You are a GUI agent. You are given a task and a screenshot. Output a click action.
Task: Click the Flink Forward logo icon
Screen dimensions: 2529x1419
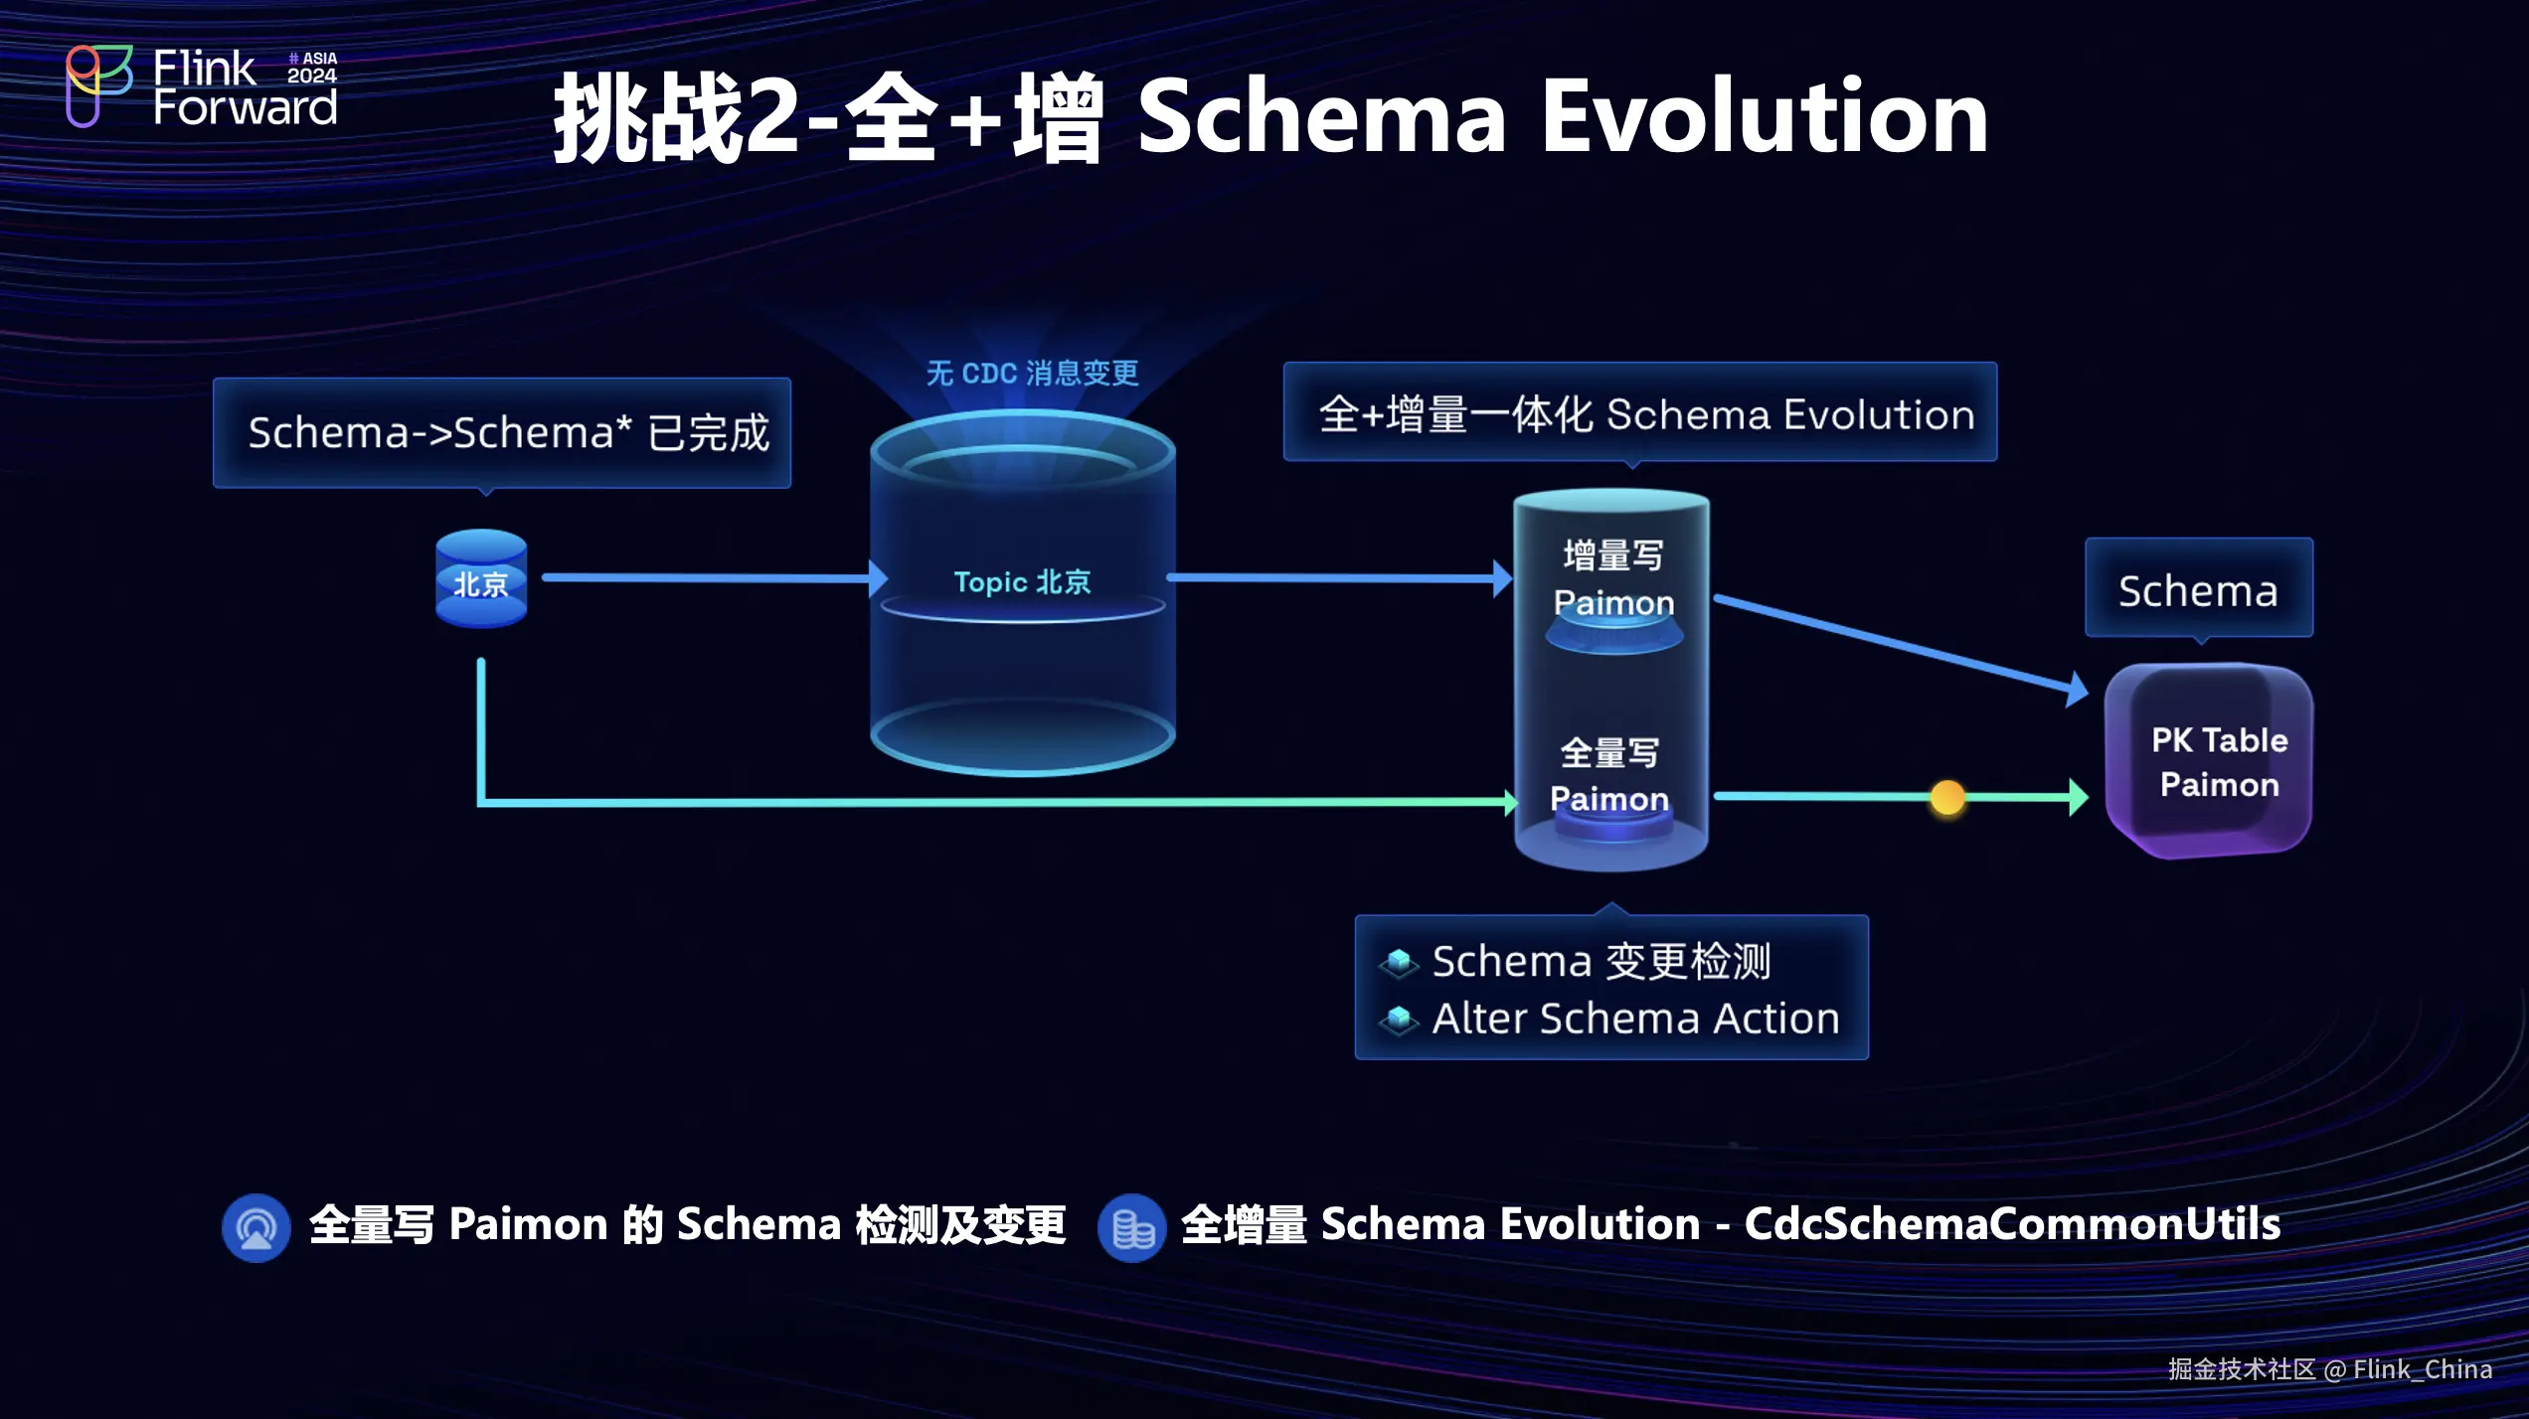click(97, 85)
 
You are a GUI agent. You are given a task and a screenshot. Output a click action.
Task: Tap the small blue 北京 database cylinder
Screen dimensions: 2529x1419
click(481, 579)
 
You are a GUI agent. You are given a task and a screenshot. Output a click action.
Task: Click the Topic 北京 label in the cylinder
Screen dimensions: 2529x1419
click(1022, 582)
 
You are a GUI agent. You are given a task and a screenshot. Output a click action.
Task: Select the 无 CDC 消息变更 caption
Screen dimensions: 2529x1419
click(1032, 374)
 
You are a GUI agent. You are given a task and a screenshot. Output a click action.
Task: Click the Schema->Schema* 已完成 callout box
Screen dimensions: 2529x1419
click(502, 433)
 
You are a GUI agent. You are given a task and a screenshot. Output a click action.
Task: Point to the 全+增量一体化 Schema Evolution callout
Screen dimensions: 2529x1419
click(1639, 413)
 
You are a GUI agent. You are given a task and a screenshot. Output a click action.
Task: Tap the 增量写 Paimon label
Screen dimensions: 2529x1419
click(1612, 579)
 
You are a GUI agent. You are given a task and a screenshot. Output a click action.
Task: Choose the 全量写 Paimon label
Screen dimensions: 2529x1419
click(1609, 776)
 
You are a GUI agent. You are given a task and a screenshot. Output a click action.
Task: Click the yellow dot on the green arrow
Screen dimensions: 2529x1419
click(1946, 797)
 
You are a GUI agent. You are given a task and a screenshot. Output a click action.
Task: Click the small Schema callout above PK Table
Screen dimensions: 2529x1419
click(2198, 590)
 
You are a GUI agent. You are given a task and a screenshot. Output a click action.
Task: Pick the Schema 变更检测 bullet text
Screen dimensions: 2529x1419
click(1601, 961)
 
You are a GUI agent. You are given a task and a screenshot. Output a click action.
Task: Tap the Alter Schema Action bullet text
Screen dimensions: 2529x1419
click(1635, 1019)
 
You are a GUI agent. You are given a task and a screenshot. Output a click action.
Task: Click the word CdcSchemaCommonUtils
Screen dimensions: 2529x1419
click(2011, 1224)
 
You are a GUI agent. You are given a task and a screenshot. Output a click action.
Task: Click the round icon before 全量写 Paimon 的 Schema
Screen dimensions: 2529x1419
click(255, 1228)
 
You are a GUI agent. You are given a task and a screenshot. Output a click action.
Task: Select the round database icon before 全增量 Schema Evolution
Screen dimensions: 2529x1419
click(1131, 1228)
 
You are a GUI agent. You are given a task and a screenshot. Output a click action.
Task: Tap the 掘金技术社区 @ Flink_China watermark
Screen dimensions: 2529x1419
click(2329, 1369)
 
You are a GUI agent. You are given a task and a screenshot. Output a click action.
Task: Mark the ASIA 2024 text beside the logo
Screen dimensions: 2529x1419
click(312, 68)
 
